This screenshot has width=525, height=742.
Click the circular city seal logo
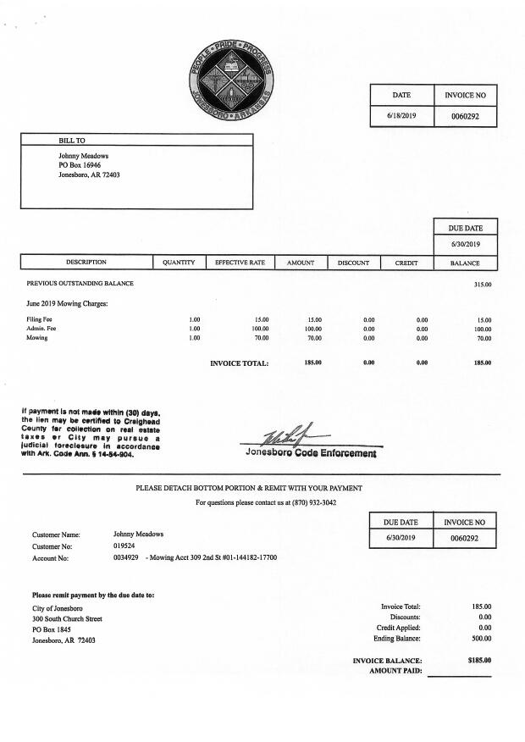232,82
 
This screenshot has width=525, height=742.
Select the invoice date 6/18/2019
401,115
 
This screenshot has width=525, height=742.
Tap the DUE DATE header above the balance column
465,228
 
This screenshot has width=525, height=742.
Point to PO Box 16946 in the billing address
80,165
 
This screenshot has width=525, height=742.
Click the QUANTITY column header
179,263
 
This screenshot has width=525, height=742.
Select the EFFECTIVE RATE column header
240,263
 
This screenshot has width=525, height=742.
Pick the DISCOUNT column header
353,263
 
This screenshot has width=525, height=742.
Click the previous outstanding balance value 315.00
483,284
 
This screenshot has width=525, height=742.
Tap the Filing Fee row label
40,319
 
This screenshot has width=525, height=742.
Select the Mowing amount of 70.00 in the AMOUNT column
314,338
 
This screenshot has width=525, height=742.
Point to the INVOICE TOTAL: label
239,363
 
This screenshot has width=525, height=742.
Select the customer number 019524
124,546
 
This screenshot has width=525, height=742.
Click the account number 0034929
125,558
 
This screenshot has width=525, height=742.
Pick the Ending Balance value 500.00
481,639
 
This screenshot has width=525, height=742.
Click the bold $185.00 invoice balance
479,660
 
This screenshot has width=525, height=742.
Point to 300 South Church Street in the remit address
67,619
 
